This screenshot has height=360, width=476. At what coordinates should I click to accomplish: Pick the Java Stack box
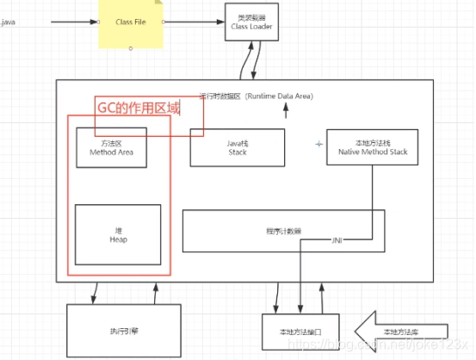237,147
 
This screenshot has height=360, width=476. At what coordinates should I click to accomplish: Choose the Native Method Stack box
373,147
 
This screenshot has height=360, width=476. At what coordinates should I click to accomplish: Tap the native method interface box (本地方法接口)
300,332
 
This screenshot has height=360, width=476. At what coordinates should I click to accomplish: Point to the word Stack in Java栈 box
237,152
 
